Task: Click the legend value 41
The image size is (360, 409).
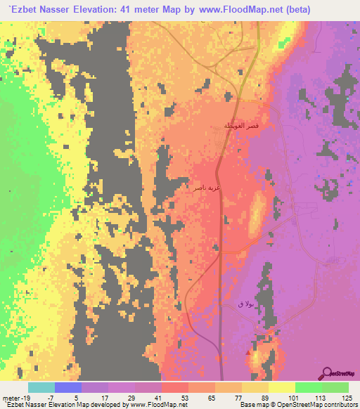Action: tap(162, 397)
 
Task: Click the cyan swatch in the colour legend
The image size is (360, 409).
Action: tap(41, 387)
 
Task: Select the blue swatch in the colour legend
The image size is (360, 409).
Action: tap(68, 387)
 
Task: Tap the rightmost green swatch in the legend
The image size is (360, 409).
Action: tap(335, 387)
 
